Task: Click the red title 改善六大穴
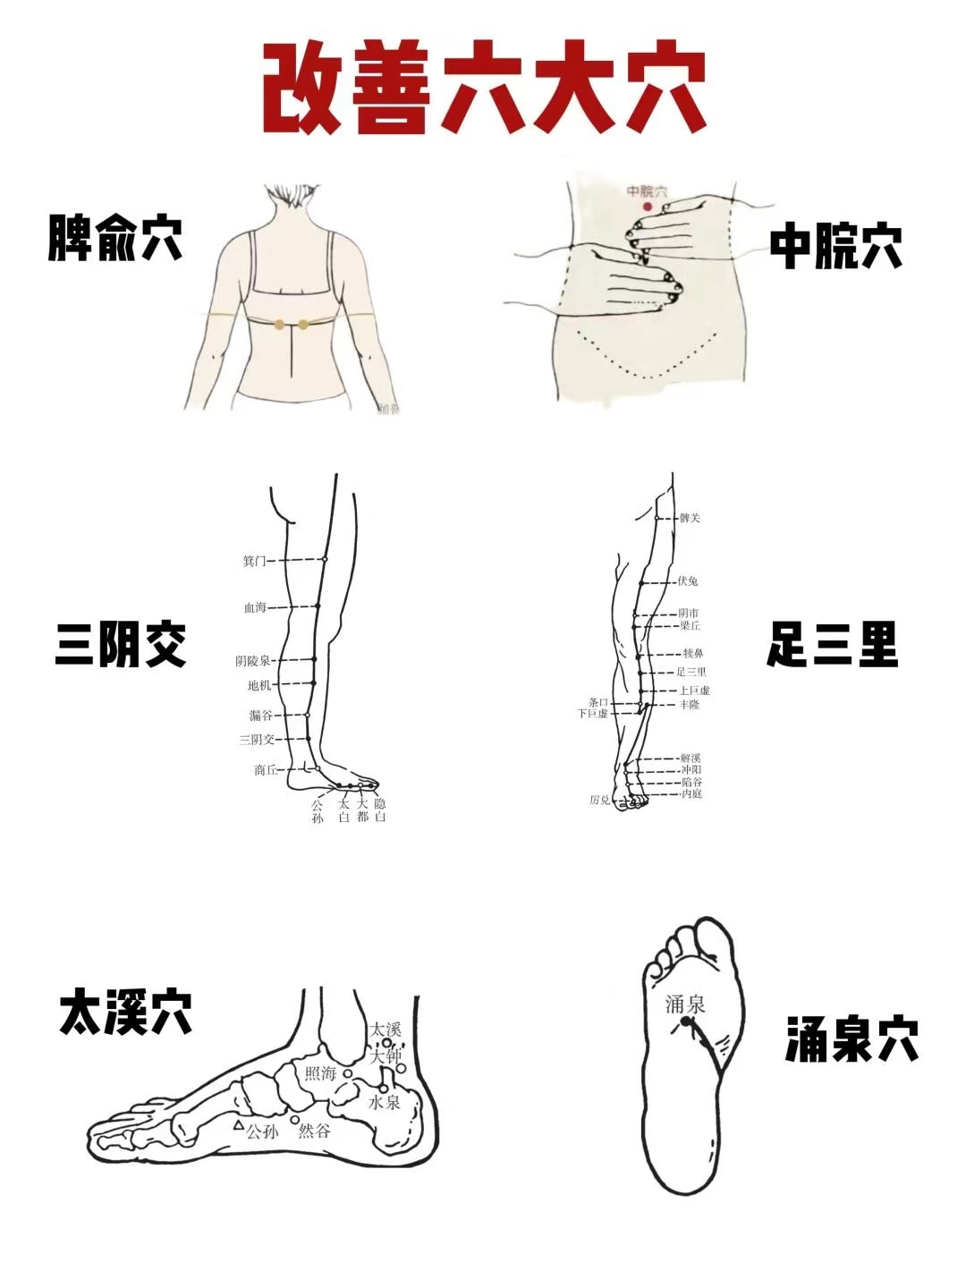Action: [x=484, y=89]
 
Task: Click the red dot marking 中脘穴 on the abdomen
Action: [x=648, y=207]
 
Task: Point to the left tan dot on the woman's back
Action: [x=280, y=325]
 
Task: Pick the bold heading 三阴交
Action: [x=121, y=645]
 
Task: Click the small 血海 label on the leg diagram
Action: [x=255, y=607]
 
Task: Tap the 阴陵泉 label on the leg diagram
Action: [x=252, y=661]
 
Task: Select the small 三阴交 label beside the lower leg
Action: [x=257, y=740]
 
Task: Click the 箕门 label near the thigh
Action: [x=254, y=561]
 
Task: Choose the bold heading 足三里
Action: [x=832, y=645]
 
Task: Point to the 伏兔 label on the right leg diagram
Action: [x=688, y=581]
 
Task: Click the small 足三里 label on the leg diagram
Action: [x=691, y=672]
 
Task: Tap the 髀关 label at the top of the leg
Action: [x=690, y=518]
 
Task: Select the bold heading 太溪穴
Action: [x=126, y=1013]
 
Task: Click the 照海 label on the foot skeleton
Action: [x=320, y=1072]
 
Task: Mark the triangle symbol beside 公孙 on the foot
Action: [x=239, y=1125]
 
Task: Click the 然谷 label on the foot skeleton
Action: [x=314, y=1131]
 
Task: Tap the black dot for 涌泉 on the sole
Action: [x=685, y=1021]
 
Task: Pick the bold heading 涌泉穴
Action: [x=852, y=1039]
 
